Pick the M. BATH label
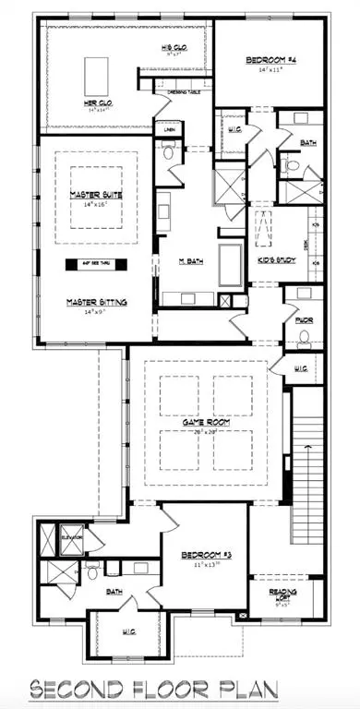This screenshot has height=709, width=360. click(192, 261)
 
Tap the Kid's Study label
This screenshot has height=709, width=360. click(276, 261)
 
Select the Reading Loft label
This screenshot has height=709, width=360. click(282, 594)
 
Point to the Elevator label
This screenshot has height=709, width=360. click(72, 535)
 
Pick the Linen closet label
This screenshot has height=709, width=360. click(169, 131)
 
